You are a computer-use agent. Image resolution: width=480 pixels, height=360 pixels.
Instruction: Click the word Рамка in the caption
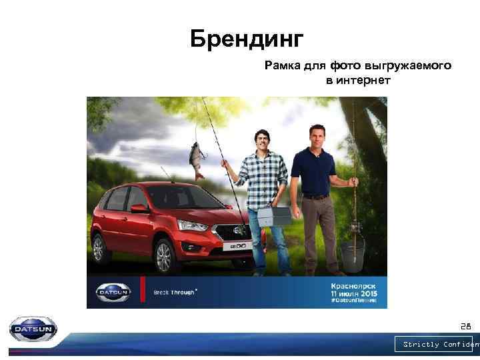pyautogui.click(x=281, y=66)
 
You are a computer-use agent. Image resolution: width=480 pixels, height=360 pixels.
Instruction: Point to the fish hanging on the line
pyautogui.click(x=197, y=159)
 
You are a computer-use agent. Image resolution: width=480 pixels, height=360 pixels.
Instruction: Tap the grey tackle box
pyautogui.click(x=273, y=217)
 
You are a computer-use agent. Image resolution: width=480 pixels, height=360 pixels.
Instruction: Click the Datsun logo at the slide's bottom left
pyautogui.click(x=33, y=329)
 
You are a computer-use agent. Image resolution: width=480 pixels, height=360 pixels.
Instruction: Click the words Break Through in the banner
pyautogui.click(x=175, y=293)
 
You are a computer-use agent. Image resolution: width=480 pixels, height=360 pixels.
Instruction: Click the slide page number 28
pyautogui.click(x=465, y=327)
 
